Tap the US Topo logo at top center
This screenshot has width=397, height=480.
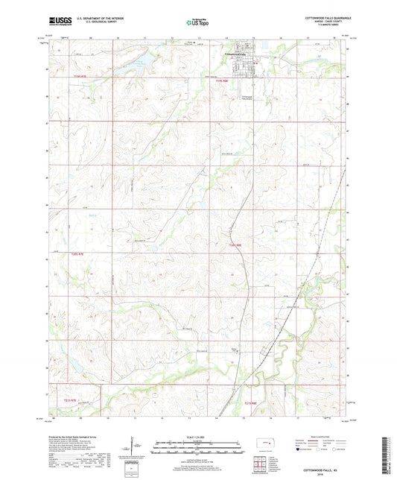point(197,22)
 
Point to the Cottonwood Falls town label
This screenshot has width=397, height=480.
point(238,54)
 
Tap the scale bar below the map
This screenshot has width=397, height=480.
point(197,448)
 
